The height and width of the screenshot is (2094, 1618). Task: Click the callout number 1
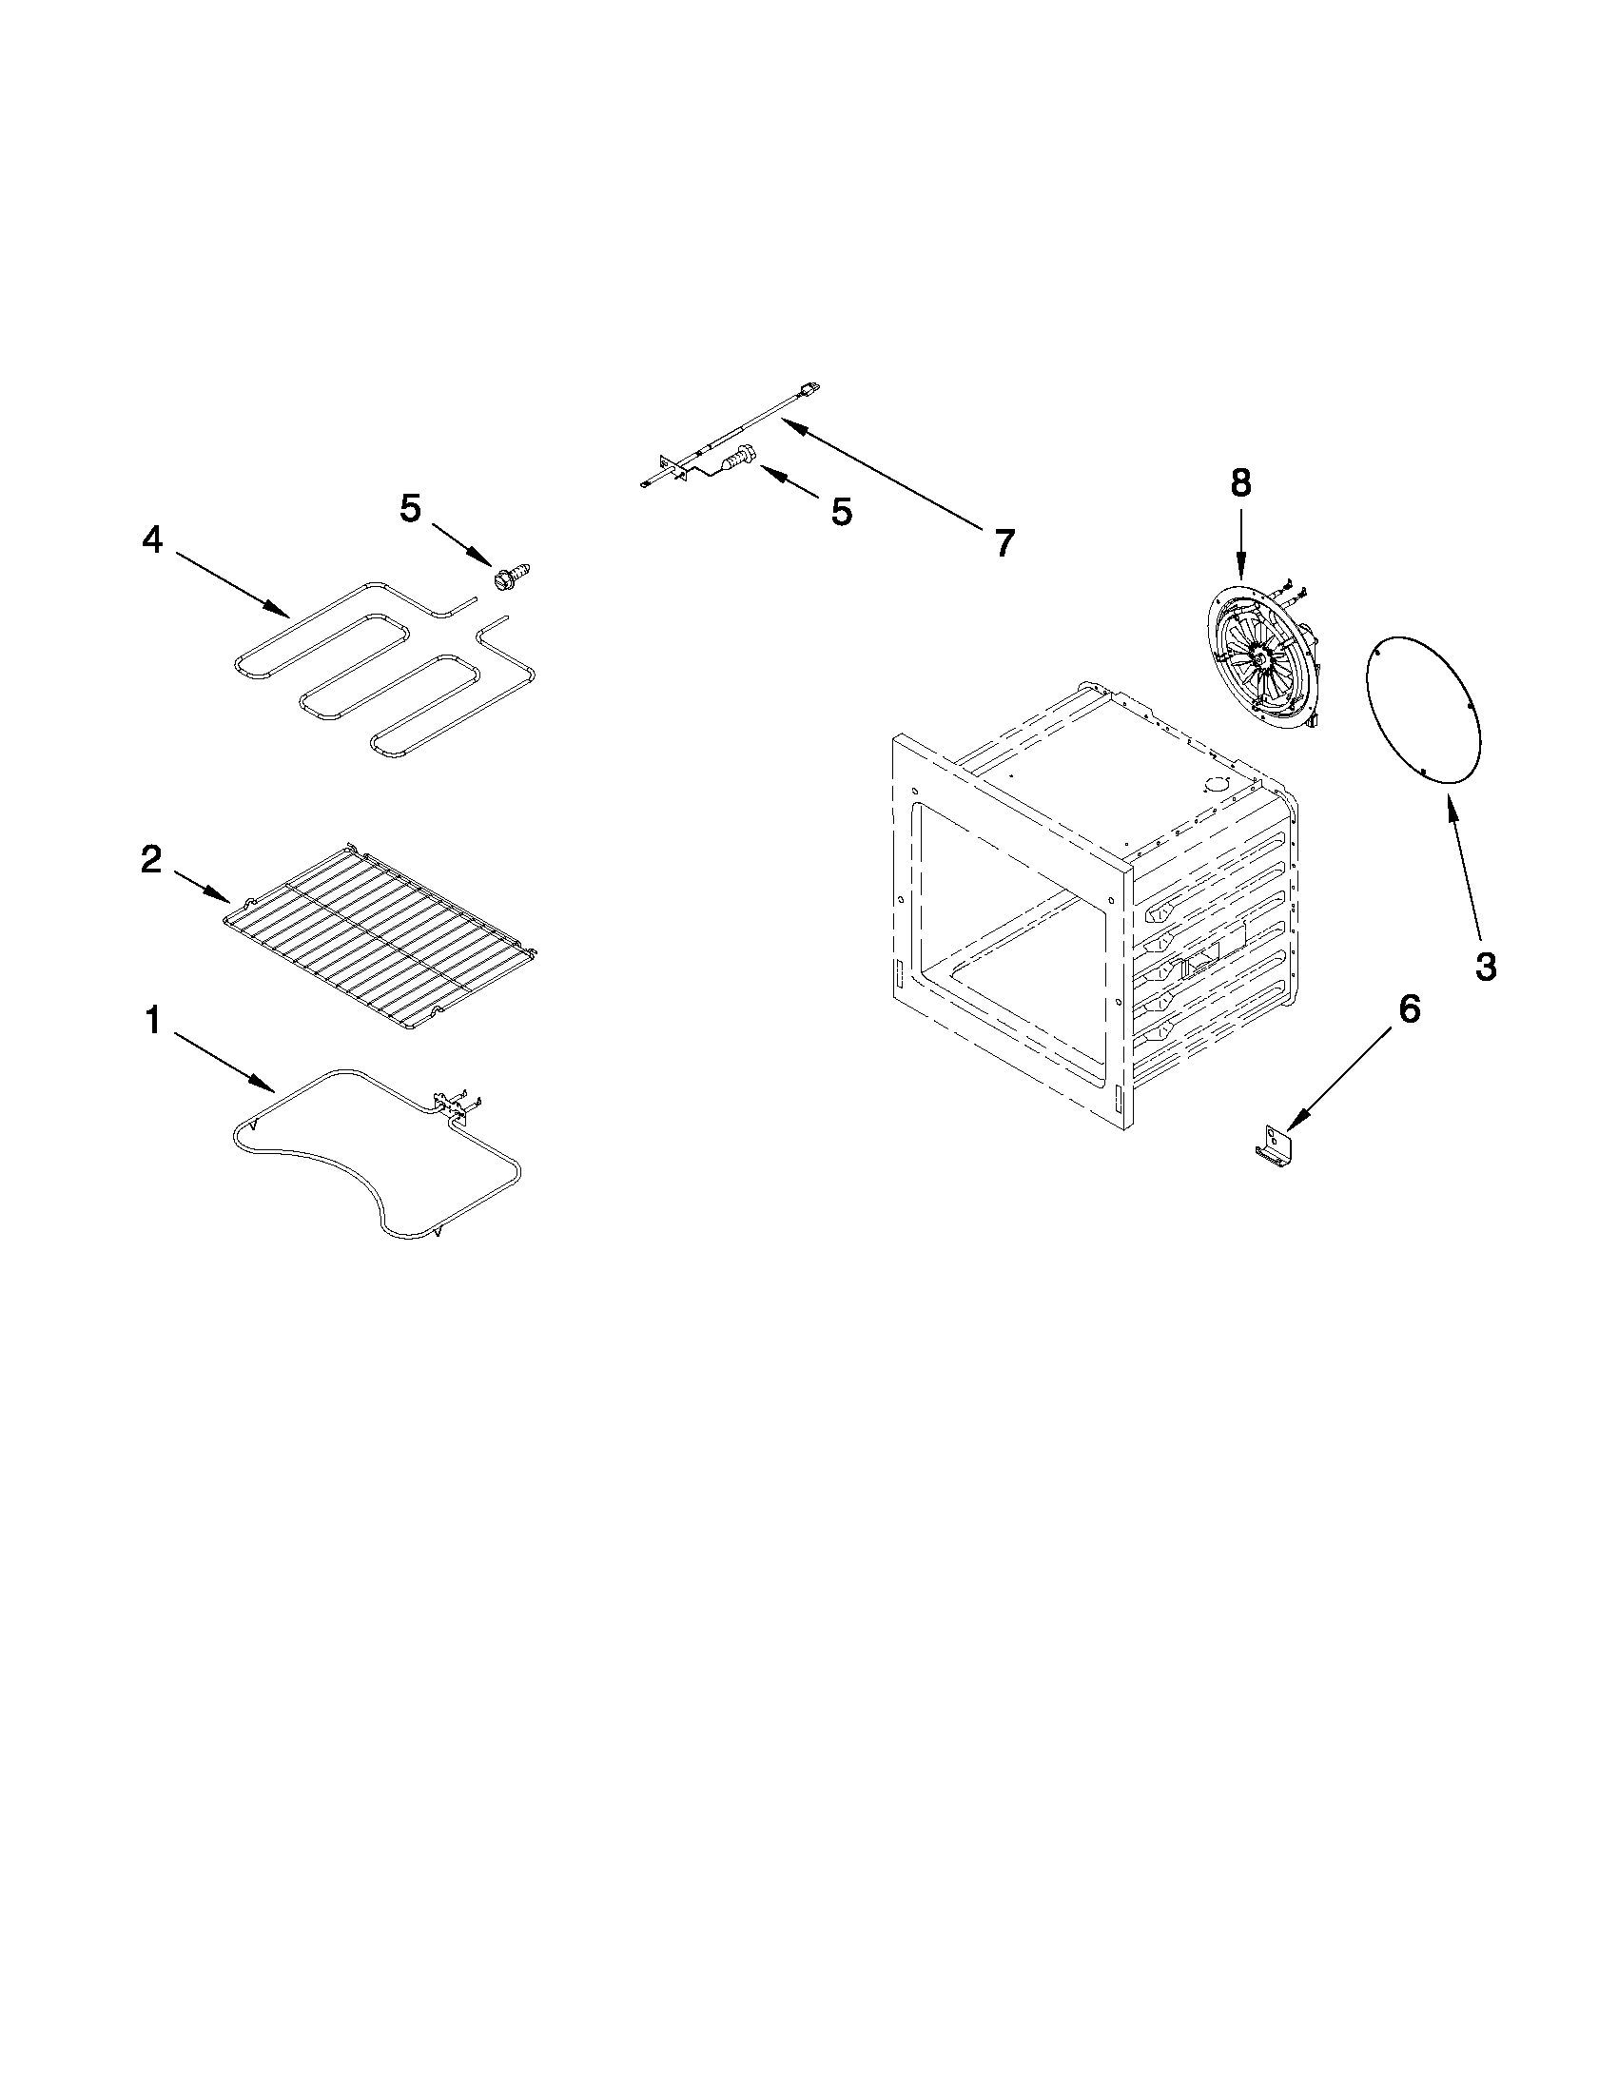click(152, 1021)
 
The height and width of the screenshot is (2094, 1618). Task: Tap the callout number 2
click(151, 859)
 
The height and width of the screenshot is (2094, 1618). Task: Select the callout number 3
click(1485, 967)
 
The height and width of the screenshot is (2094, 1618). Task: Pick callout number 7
click(1003, 543)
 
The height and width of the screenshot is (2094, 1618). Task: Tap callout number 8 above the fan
click(1240, 483)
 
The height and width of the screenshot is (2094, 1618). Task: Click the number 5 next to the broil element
click(410, 509)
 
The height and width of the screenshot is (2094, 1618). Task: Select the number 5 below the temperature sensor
click(841, 512)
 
